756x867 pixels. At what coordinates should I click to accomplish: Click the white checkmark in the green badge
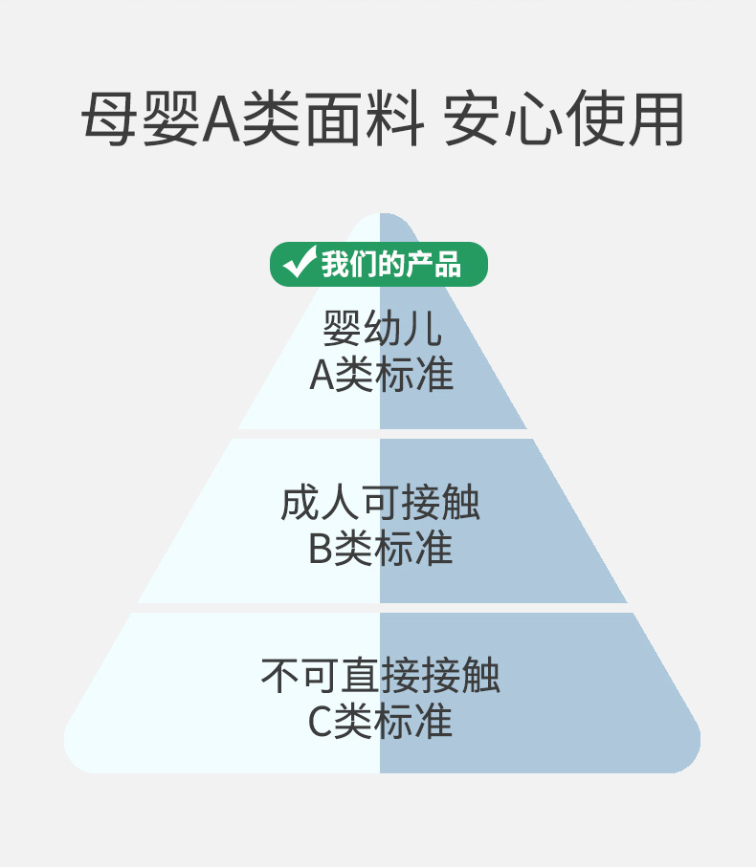coord(300,263)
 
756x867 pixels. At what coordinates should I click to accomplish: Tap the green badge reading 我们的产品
coord(379,264)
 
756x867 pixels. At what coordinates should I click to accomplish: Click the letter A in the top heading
coord(221,121)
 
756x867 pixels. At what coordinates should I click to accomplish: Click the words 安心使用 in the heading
coord(565,121)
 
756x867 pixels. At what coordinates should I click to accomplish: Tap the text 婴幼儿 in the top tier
coord(381,330)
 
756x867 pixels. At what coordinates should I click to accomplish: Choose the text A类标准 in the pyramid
coord(381,375)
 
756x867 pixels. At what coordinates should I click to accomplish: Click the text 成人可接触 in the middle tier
coord(380,504)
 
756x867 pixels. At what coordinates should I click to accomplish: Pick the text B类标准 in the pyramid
coord(380,550)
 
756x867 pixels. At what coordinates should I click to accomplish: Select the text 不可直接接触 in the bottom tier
coord(380,676)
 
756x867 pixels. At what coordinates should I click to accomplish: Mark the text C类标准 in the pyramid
coord(380,722)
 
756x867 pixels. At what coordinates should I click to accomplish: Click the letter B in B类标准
coord(320,550)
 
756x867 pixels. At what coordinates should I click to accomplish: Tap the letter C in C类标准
coord(320,722)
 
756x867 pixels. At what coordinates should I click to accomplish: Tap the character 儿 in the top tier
coord(421,330)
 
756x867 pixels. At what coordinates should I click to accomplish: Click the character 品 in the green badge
coord(447,264)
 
